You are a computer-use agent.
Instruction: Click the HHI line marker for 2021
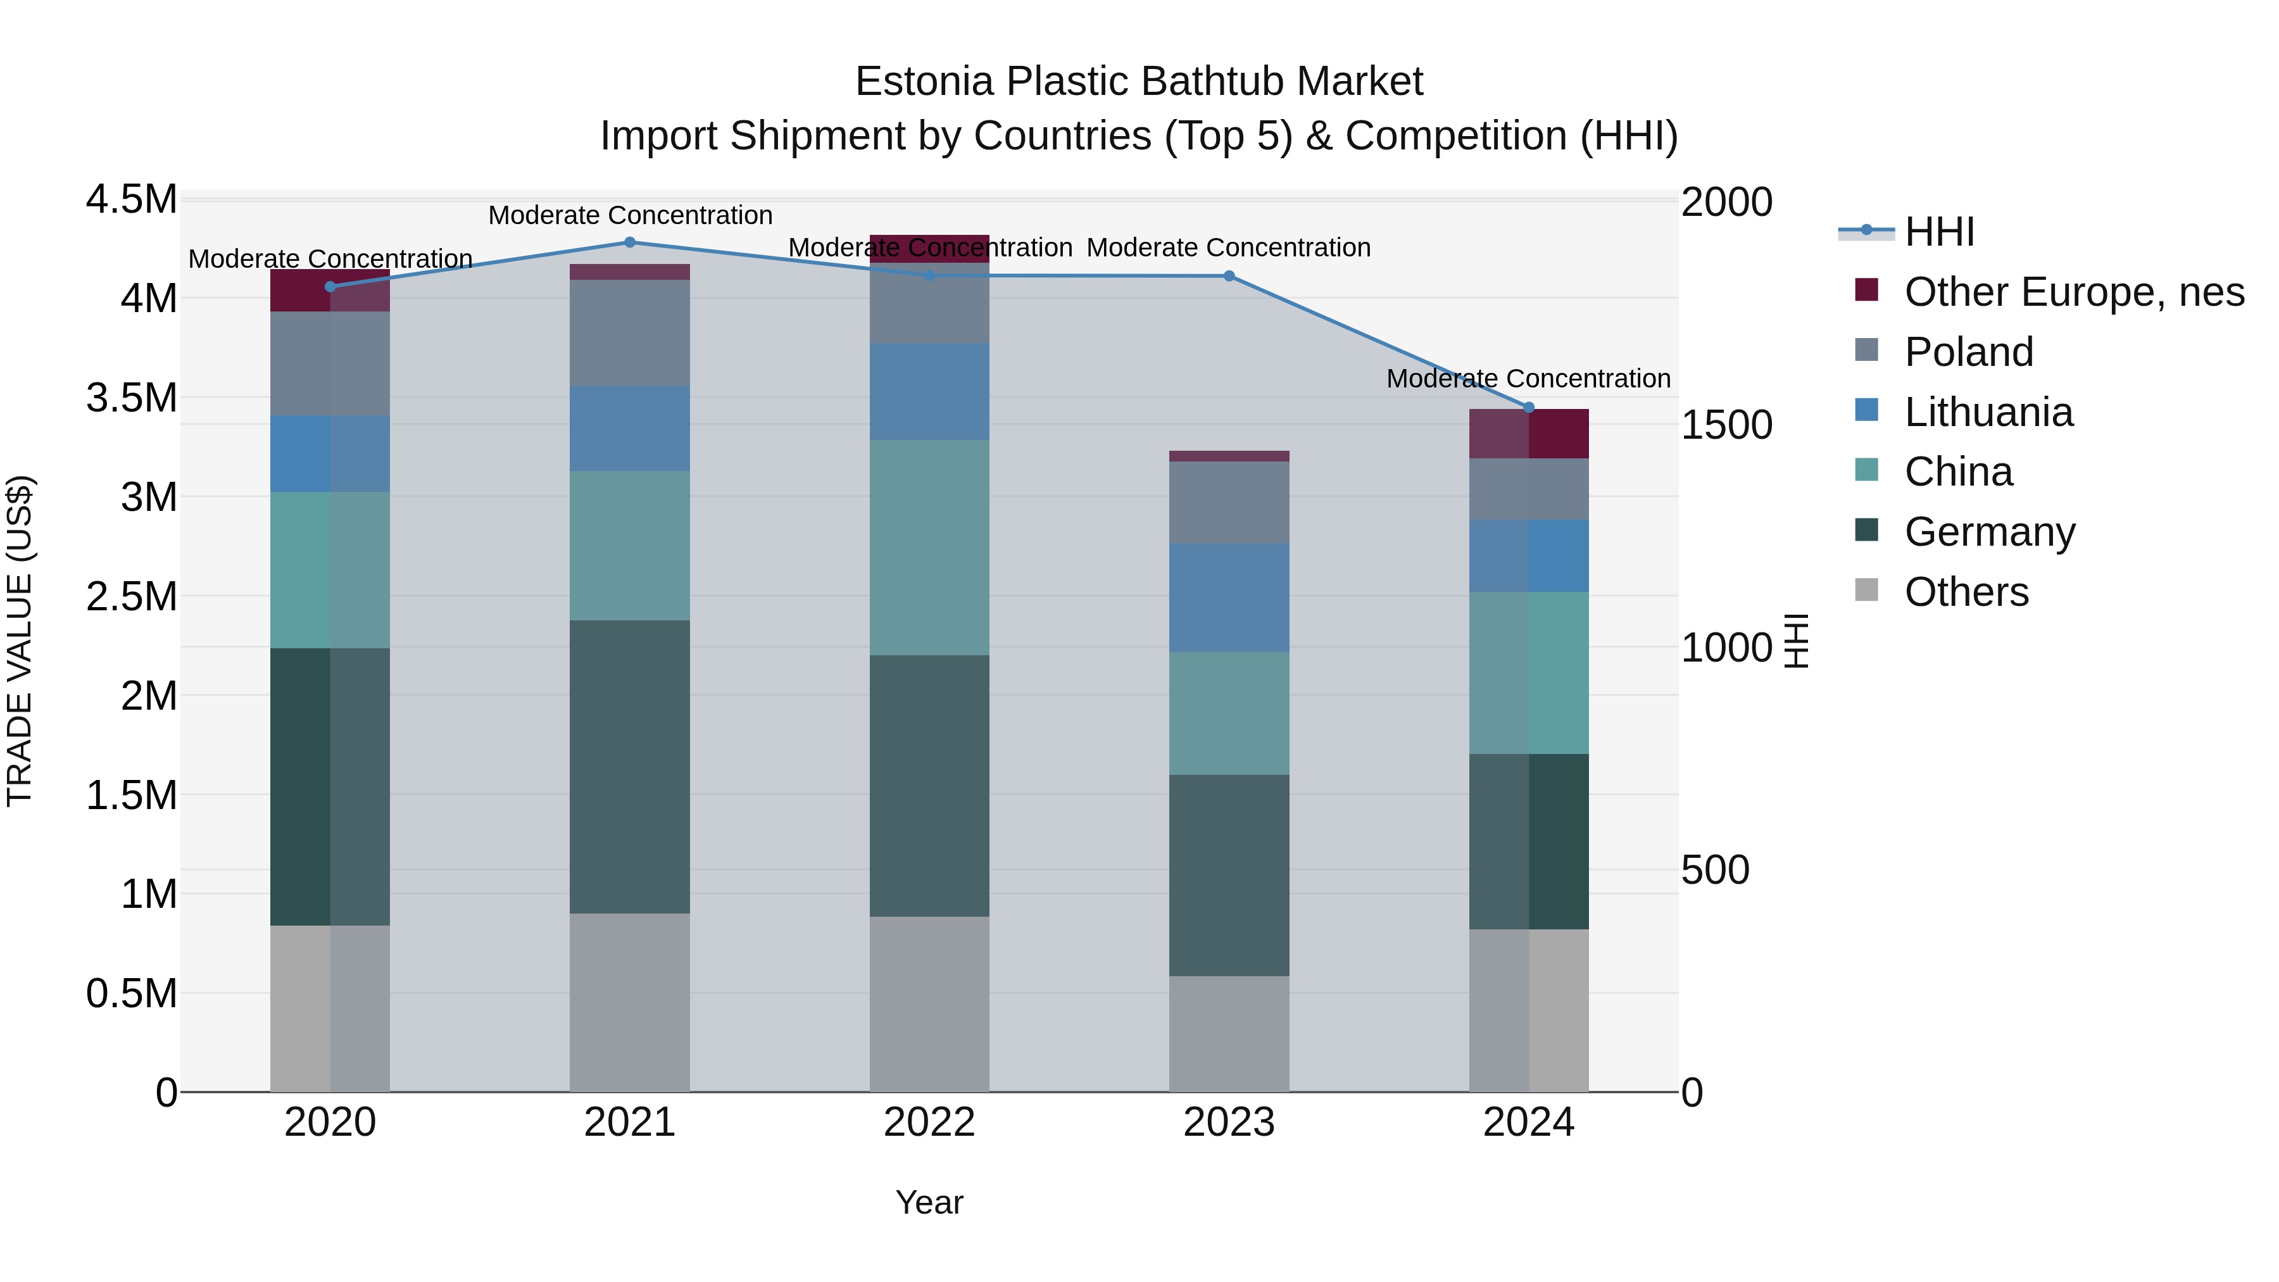point(630,242)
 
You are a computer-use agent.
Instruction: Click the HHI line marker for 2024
point(1529,407)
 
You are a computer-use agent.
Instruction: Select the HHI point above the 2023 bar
point(1229,276)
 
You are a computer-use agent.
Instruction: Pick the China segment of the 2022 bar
point(929,547)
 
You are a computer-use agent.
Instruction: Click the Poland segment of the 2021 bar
point(630,332)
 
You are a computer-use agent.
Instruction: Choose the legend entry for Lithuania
point(1988,412)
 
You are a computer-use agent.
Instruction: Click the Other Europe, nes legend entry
point(2074,292)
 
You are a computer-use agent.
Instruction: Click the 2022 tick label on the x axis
point(929,1122)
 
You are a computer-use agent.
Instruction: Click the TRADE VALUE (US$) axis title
point(20,641)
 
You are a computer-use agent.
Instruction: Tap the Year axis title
point(929,1202)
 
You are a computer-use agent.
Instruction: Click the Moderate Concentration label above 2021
point(630,215)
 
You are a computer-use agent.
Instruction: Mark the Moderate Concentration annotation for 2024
point(1528,378)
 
